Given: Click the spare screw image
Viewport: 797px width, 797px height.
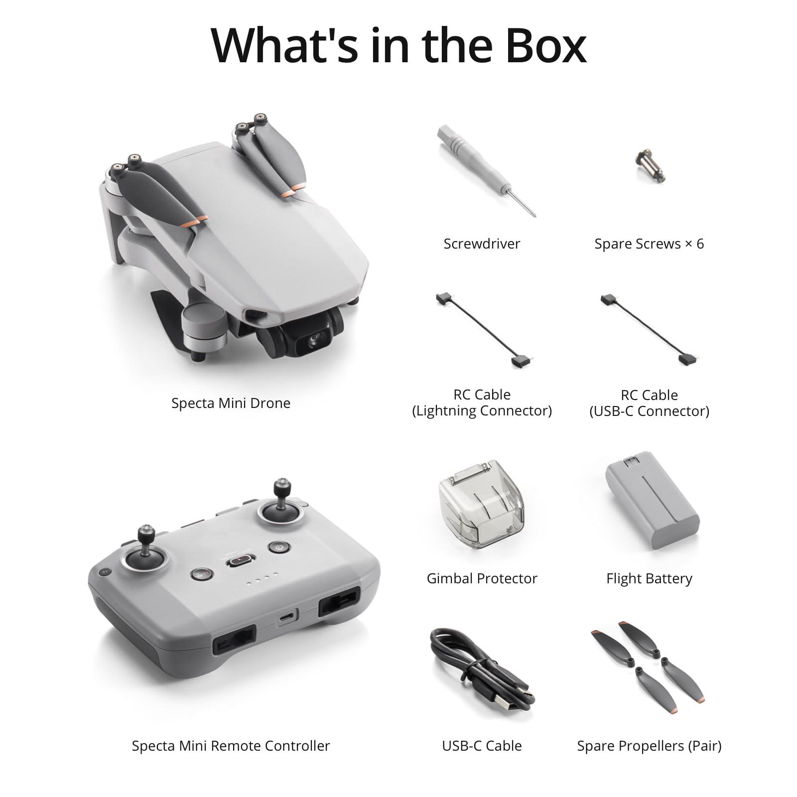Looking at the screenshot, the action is tap(650, 164).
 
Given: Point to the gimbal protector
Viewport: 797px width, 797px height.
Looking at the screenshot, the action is tap(481, 504).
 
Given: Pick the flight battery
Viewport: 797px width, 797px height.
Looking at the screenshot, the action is tap(653, 504).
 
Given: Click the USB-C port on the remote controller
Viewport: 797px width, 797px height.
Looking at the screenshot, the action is tap(287, 617).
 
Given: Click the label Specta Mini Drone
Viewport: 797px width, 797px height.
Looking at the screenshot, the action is tap(231, 403).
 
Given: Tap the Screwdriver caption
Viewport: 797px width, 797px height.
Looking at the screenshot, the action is tap(482, 244).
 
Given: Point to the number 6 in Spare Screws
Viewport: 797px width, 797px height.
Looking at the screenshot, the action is tap(700, 244).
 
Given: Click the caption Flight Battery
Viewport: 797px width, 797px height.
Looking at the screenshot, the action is tap(649, 578).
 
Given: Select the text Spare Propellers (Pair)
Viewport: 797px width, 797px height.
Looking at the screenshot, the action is tap(649, 746).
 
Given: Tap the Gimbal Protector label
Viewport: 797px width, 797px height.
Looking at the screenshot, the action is tap(482, 578).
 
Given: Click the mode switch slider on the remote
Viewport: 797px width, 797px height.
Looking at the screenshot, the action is tap(241, 561).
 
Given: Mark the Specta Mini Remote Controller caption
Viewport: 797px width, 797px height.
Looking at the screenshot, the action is tap(231, 746).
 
